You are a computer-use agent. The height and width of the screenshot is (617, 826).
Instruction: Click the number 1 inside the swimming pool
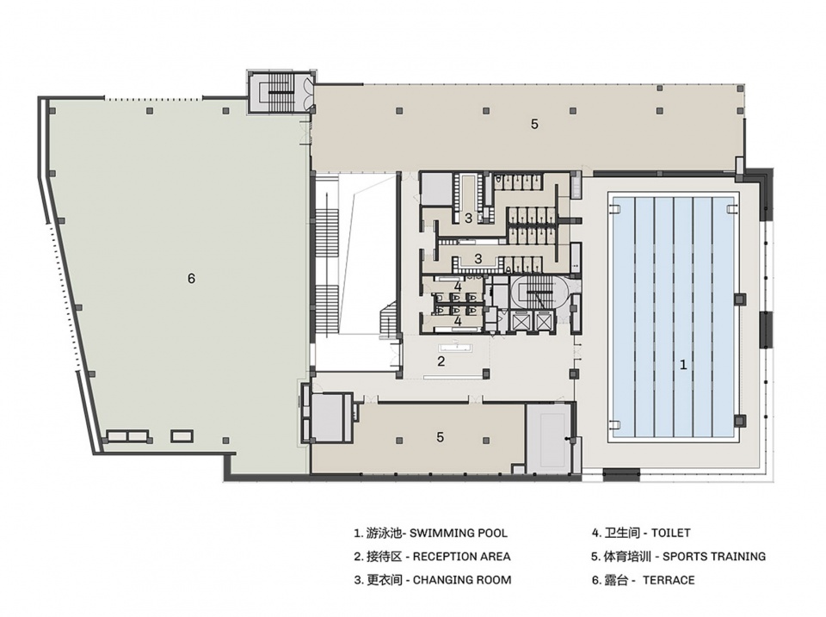683,364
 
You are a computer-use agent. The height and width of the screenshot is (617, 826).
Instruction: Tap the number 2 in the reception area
441,361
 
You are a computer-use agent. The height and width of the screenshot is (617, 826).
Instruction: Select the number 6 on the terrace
191,278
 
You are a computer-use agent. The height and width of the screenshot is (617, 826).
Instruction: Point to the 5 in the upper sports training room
534,125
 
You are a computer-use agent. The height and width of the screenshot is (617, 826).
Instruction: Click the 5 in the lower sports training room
441,437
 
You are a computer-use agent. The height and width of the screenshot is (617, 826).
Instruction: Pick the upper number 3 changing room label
468,218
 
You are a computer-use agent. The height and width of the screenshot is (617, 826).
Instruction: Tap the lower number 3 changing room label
478,259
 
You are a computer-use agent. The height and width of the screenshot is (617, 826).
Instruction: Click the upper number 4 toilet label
458,287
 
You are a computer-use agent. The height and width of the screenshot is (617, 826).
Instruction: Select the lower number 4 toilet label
458,321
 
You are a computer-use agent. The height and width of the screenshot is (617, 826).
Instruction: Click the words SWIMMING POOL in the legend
459,534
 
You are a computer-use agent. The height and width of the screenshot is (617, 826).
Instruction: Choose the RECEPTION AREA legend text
461,557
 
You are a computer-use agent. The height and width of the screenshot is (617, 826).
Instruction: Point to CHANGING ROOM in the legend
462,580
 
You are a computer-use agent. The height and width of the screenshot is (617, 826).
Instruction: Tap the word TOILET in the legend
670,534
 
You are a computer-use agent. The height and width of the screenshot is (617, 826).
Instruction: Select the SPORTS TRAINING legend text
714,557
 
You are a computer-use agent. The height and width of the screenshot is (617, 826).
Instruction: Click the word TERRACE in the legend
669,580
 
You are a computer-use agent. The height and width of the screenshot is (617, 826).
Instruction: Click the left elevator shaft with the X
520,321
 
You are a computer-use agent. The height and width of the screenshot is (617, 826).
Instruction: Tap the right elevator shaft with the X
543,321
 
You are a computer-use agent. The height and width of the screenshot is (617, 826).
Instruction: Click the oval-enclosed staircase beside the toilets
539,293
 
